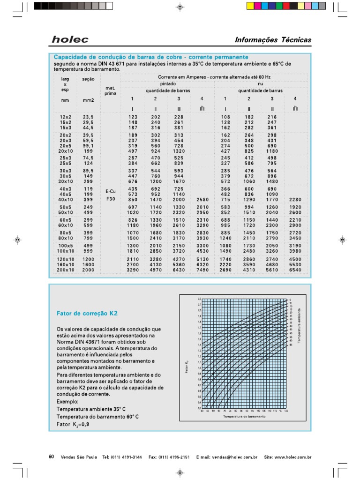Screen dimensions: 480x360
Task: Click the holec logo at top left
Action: pyautogui.click(x=70, y=39)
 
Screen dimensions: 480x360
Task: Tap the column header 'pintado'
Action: pyautogui.click(x=167, y=83)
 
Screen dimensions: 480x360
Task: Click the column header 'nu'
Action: pyautogui.click(x=260, y=83)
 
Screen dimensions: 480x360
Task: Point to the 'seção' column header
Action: pyautogui.click(x=88, y=79)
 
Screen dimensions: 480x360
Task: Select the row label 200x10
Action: pyautogui.click(x=66, y=270)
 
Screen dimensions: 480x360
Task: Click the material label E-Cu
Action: pyautogui.click(x=110, y=192)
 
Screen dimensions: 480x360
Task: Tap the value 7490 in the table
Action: pyautogui.click(x=202, y=270)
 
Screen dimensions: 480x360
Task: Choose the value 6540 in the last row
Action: pyautogui.click(x=295, y=270)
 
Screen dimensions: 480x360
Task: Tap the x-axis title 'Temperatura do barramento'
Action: pyautogui.click(x=244, y=416)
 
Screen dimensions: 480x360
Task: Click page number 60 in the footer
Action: pyautogui.click(x=52, y=456)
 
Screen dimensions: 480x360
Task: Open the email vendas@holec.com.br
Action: pyautogui.click(x=234, y=457)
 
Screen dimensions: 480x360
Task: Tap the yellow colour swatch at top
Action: pyautogui.click(x=249, y=6)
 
